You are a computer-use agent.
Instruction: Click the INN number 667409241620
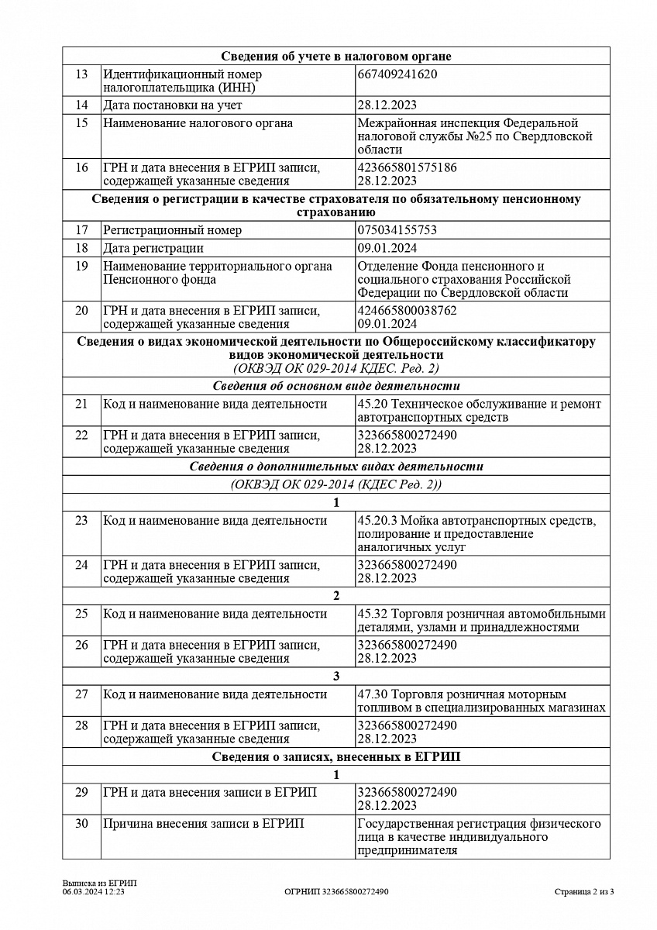pyautogui.click(x=397, y=74)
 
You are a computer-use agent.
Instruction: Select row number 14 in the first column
pyautogui.click(x=81, y=105)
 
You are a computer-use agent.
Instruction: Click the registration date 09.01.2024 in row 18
pyautogui.click(x=387, y=248)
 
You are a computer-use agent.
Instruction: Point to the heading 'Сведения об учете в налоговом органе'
pyautogui.click(x=336, y=56)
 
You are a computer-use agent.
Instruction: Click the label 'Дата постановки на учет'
pyautogui.click(x=173, y=105)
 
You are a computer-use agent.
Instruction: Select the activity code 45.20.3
pyautogui.click(x=378, y=520)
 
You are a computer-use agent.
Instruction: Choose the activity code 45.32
pyautogui.click(x=371, y=614)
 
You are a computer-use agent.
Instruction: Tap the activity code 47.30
pyautogui.click(x=371, y=694)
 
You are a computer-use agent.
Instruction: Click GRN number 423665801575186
pyautogui.click(x=407, y=167)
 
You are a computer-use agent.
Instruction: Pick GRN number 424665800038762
pyautogui.click(x=407, y=311)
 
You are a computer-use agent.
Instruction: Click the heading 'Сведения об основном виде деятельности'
pyautogui.click(x=336, y=386)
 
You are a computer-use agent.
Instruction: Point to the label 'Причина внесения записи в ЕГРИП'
pyautogui.click(x=204, y=824)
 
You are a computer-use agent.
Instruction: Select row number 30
pyautogui.click(x=81, y=824)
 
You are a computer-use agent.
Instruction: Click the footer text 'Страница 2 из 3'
pyautogui.click(x=584, y=892)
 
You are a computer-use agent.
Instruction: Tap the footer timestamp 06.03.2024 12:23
pyautogui.click(x=94, y=892)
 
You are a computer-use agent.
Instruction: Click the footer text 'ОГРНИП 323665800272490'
pyautogui.click(x=336, y=892)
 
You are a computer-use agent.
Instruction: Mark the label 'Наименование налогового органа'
pyautogui.click(x=198, y=123)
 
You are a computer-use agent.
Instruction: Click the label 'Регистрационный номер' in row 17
pyautogui.click(x=173, y=230)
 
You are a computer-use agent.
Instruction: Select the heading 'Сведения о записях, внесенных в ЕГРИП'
pyautogui.click(x=336, y=756)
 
